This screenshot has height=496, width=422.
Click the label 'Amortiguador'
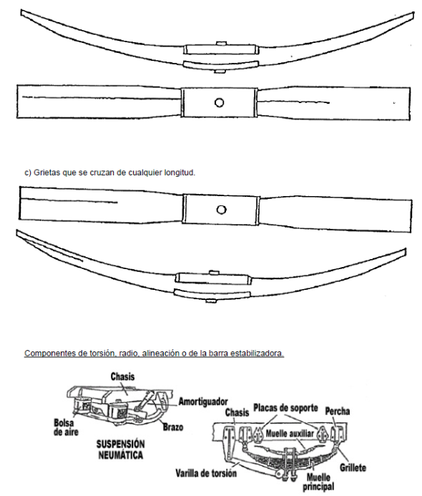203,402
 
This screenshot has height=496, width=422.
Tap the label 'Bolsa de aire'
66,427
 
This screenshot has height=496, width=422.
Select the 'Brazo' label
173,427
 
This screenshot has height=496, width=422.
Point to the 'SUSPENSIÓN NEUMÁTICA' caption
120,449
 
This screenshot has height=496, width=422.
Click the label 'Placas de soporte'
285,408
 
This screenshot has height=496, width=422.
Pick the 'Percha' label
338,412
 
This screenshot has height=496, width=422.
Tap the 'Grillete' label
353,467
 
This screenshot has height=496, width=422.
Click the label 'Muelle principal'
318,482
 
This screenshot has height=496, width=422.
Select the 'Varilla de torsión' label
206,473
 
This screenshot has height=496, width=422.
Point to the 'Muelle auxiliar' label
290,433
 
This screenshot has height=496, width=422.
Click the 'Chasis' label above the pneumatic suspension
122,376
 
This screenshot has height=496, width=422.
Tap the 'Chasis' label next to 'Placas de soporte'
237,412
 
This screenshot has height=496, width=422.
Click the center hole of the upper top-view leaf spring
219,102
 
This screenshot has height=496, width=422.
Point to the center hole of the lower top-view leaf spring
221,210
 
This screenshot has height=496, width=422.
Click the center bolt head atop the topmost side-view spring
221,44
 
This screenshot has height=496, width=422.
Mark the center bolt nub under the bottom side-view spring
211,301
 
